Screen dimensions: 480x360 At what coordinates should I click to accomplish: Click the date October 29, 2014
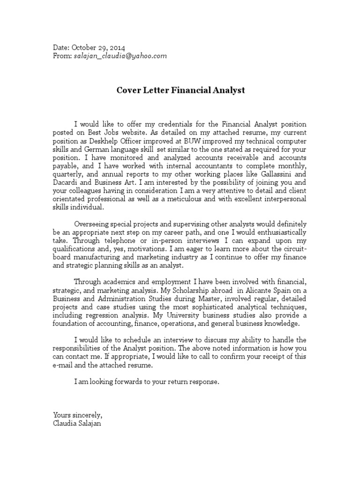coord(97,48)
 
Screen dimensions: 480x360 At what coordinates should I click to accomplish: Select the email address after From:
coord(120,56)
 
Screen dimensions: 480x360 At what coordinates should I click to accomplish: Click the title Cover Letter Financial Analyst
coord(180,90)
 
